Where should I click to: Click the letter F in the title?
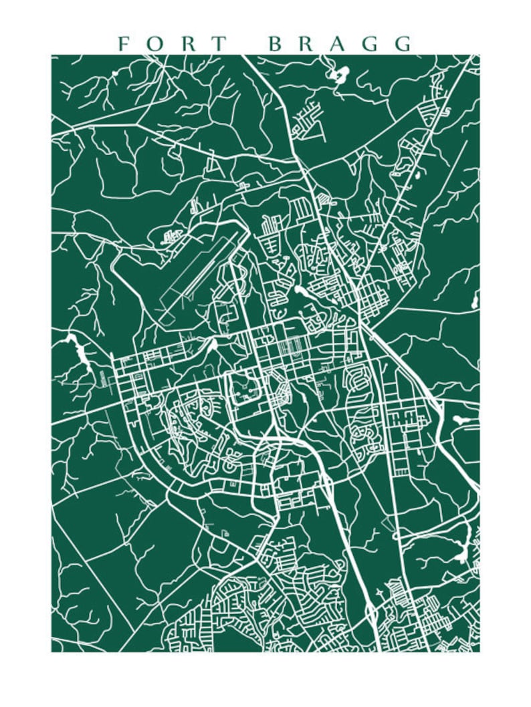coord(123,44)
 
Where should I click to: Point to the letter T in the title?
coord(218,44)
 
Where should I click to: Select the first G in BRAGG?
coord(372,44)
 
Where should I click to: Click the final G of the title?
coord(403,44)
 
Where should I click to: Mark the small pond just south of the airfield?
coord(213,345)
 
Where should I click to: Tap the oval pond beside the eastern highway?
coord(461,420)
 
